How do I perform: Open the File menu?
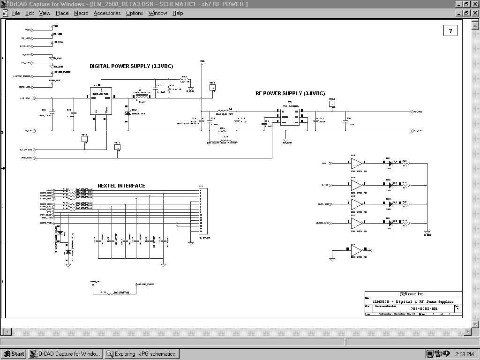click(15, 13)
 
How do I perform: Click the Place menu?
click(62, 13)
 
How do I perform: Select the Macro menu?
click(81, 13)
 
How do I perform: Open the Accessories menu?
click(107, 13)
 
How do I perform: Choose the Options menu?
click(135, 13)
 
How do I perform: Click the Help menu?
click(178, 13)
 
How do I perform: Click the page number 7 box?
click(450, 31)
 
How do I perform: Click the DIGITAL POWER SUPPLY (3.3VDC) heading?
click(131, 67)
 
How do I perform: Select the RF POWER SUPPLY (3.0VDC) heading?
click(290, 94)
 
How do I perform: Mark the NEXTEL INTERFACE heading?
click(121, 186)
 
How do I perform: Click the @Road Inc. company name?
click(413, 294)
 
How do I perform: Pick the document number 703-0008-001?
click(424, 309)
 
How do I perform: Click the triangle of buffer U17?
click(357, 251)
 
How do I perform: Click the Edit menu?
click(30, 13)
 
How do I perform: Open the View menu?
click(45, 13)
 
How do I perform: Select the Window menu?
click(157, 13)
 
